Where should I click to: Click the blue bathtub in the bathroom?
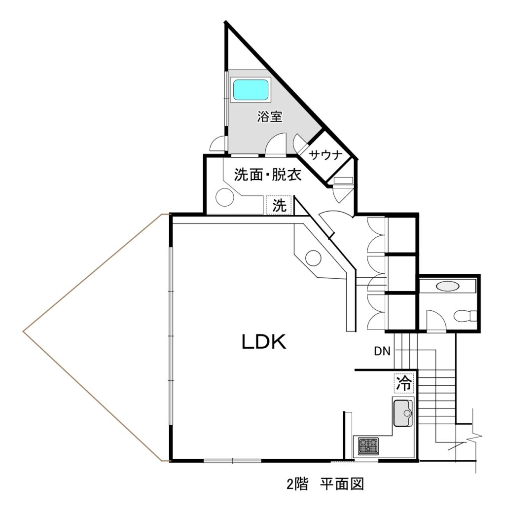251,90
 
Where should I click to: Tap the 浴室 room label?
270,117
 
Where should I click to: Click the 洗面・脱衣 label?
267,175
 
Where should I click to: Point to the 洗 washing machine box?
280,206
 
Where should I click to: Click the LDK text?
264,342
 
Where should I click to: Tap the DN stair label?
382,351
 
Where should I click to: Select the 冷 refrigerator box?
403,383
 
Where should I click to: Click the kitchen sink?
403,413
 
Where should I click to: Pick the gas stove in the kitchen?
368,446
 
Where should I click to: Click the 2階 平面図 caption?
325,484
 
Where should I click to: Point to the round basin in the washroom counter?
224,197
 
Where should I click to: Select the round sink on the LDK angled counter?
314,257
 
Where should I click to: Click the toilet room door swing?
436,321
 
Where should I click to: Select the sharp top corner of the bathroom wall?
226,22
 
